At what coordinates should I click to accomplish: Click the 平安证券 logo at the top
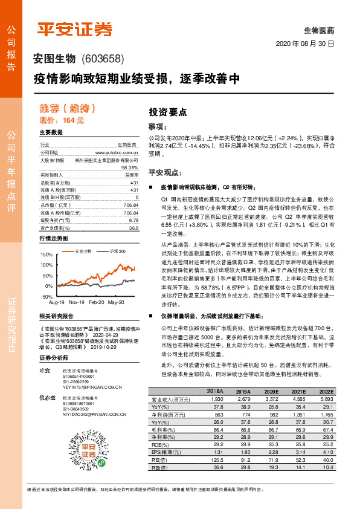[x=75, y=30]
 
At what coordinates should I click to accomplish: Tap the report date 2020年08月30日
[x=304, y=45]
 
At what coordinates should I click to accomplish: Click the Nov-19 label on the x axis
[x=76, y=301]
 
